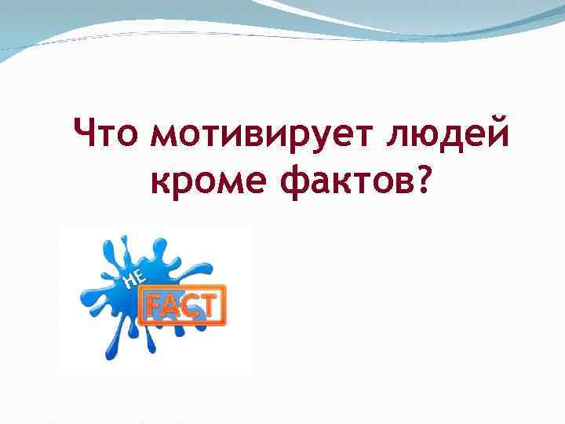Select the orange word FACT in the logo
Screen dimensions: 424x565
(x=181, y=305)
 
